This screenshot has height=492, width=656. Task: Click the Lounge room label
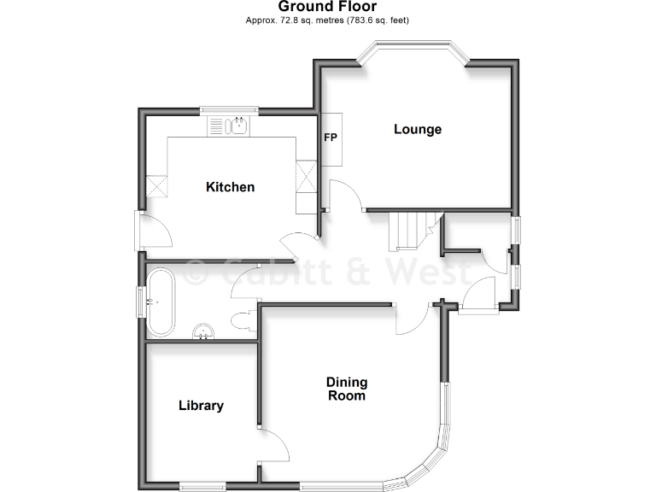[418, 130]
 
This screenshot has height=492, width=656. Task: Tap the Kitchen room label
[230, 187]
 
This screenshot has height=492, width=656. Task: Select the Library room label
[201, 406]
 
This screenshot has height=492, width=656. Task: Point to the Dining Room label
[346, 389]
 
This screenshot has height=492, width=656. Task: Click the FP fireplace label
[330, 137]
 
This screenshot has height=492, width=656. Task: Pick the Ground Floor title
[327, 7]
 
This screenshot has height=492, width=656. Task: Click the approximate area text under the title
[327, 20]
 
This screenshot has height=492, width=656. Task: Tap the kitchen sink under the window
[233, 127]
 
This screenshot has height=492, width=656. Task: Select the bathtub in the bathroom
[161, 302]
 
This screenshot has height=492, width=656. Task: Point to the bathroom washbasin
[203, 331]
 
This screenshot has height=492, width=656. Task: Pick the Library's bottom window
[202, 487]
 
